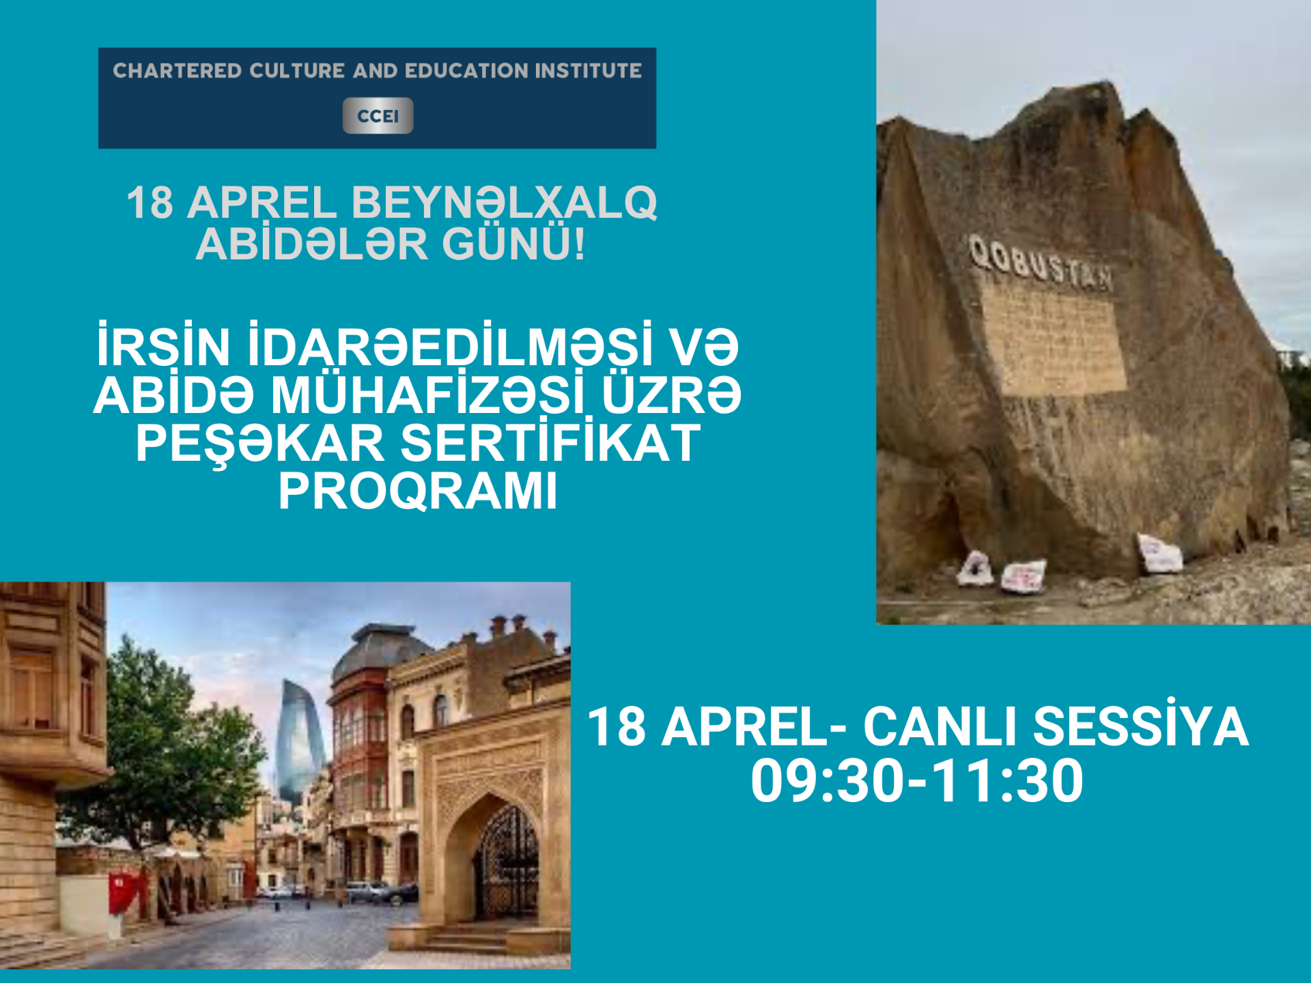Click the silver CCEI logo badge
pyautogui.click(x=378, y=115)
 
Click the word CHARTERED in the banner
pyautogui.click(x=178, y=71)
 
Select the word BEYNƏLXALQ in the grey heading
pyautogui.click(x=504, y=203)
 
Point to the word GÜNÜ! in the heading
pyautogui.click(x=513, y=244)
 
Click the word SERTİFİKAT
pyautogui.click(x=550, y=442)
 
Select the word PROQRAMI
pyautogui.click(x=418, y=491)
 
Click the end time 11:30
pyautogui.click(x=1007, y=780)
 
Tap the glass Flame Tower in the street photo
pyautogui.click(x=300, y=741)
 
